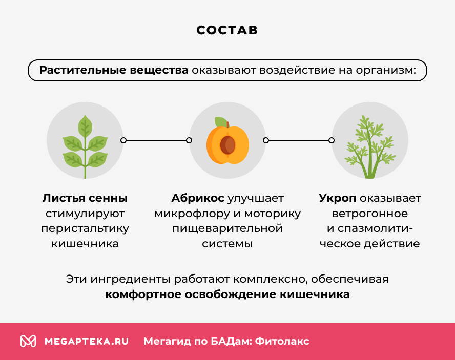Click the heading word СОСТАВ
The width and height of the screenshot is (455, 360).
tap(227, 30)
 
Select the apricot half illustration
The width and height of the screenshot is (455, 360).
tap(228, 144)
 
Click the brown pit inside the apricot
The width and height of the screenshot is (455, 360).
tap(228, 145)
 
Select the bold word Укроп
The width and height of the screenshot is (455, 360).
tap(337, 198)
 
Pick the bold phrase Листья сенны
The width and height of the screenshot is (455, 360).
tap(85, 198)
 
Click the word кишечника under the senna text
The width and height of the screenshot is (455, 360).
tap(85, 244)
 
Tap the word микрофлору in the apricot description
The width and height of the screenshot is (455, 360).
tap(186, 214)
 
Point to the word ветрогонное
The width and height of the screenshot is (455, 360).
tap(369, 214)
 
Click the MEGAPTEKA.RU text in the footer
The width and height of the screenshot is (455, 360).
tap(87, 341)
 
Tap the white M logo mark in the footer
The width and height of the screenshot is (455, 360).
tap(28, 341)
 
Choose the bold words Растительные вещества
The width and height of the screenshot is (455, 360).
tap(114, 70)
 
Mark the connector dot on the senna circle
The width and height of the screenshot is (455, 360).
tap(123, 140)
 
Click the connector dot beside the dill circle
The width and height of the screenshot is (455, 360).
tap(332, 140)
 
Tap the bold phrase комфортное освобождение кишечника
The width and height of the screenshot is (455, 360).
tap(228, 295)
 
